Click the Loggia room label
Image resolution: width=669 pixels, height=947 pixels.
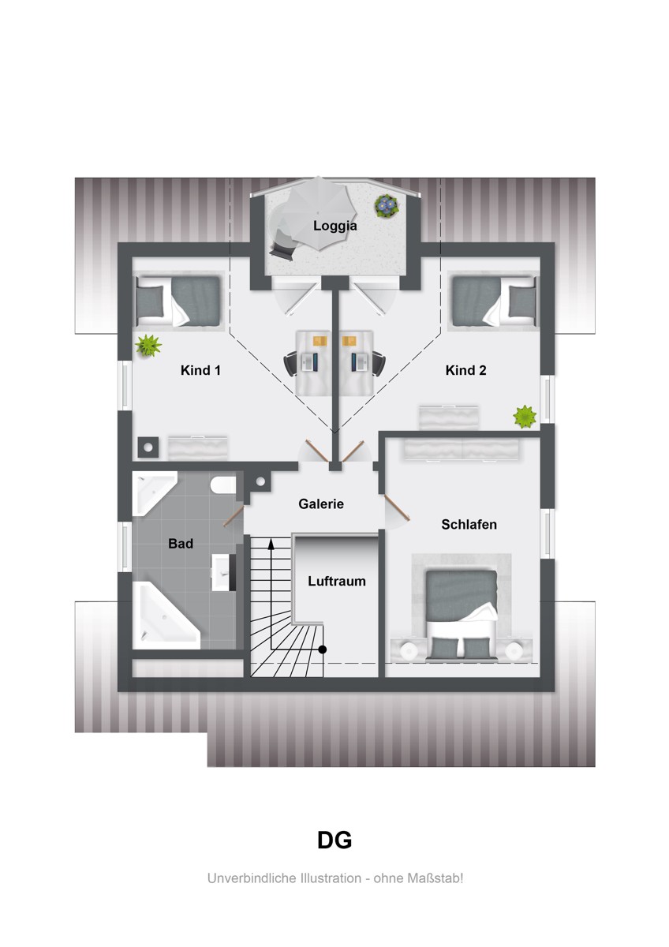click(334, 226)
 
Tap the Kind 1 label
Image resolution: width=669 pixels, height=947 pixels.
click(200, 370)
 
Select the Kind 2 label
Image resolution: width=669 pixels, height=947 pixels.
click(465, 370)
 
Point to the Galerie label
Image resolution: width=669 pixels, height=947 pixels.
click(321, 504)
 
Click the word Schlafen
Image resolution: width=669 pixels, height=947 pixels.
click(469, 525)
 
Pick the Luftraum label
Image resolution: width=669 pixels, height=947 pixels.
click(336, 582)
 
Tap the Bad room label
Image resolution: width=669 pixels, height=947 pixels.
click(181, 544)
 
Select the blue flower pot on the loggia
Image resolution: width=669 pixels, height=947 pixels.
click(387, 206)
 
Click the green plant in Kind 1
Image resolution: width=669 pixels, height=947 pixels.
click(148, 345)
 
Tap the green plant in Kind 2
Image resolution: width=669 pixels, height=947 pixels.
click(525, 417)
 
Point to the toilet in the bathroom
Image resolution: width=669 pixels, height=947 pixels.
click(223, 485)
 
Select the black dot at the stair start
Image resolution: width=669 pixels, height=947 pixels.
click(323, 649)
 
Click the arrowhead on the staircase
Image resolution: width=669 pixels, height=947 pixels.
click(271, 544)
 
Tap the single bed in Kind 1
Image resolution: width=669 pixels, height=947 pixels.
click(178, 301)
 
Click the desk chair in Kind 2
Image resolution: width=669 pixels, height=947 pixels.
click(378, 363)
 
